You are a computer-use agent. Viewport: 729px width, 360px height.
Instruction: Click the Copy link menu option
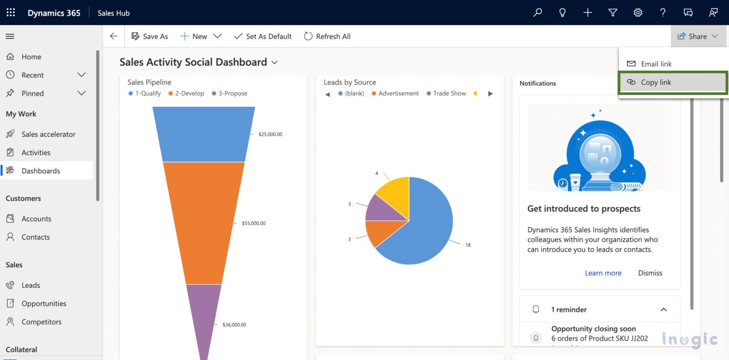655,82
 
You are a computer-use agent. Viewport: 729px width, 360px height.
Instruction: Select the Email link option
656,64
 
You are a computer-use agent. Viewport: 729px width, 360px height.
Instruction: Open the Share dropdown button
698,36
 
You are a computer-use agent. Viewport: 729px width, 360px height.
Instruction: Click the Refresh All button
327,36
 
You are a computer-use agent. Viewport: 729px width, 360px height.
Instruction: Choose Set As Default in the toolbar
263,36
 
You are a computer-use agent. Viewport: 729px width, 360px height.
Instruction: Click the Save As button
150,36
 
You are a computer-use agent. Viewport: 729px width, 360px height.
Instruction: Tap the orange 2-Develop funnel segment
204,223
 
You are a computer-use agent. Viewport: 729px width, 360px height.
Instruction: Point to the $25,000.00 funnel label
270,134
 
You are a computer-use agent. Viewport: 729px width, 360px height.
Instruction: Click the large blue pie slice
422,228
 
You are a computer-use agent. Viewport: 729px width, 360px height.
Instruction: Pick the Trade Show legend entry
449,94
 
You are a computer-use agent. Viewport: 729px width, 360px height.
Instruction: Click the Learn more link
603,273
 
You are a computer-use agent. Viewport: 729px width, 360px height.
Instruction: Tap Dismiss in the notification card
650,273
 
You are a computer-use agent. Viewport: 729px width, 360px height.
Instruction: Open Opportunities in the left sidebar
44,303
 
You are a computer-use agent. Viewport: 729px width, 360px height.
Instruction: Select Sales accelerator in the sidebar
48,134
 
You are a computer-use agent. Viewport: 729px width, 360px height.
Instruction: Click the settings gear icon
638,13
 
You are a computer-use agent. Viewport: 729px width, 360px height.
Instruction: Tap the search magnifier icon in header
537,13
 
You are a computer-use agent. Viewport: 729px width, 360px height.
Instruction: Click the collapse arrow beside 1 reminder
663,310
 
